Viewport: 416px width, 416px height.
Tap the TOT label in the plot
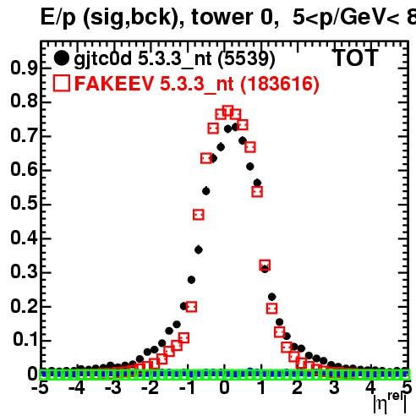[356, 57]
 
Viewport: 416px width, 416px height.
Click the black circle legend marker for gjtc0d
[61, 58]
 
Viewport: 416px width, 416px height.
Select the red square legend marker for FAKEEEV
[62, 83]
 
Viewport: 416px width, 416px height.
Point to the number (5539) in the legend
[247, 59]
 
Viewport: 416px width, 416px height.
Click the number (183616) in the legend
[280, 84]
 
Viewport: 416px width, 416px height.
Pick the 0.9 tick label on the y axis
[24, 68]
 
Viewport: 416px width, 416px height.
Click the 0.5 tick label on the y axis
[24, 204]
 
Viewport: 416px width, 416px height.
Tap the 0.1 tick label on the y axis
[25, 340]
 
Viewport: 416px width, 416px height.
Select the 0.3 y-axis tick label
[24, 272]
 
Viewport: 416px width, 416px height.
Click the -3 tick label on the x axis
[113, 388]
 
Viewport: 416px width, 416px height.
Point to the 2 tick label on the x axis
[298, 388]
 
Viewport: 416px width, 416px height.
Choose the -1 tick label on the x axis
[187, 388]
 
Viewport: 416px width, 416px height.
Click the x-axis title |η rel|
[390, 403]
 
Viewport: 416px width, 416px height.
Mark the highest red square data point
[228, 112]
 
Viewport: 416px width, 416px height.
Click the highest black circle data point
[235, 127]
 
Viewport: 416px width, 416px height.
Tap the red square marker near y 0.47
[199, 215]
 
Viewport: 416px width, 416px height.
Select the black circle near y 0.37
[199, 249]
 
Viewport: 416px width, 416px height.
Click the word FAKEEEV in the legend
[114, 84]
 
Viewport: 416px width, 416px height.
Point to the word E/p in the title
[58, 18]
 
